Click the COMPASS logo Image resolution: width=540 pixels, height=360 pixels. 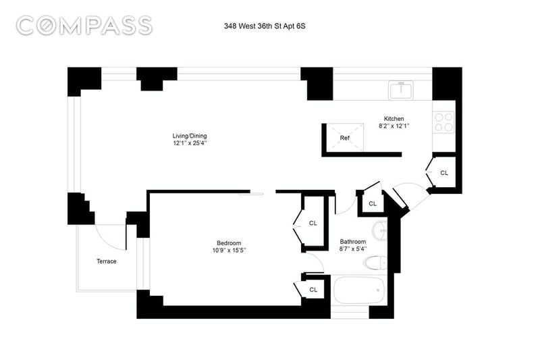point(84,26)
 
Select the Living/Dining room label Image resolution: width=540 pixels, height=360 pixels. point(188,136)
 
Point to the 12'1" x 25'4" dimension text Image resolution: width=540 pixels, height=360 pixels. point(188,143)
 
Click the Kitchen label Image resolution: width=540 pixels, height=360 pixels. point(394,118)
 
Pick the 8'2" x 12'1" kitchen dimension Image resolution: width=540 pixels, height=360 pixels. point(394,126)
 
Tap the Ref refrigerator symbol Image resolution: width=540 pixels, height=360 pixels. point(344,138)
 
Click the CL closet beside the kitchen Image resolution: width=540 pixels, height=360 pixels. point(443,173)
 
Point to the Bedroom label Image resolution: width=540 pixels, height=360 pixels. point(229,243)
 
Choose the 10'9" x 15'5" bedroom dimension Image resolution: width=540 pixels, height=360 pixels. point(229,251)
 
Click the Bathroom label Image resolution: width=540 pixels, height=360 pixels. point(352,242)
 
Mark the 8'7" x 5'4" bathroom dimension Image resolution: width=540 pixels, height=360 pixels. point(352,249)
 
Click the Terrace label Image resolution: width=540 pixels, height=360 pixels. point(105,261)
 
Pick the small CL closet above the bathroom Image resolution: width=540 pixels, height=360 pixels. point(373,203)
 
